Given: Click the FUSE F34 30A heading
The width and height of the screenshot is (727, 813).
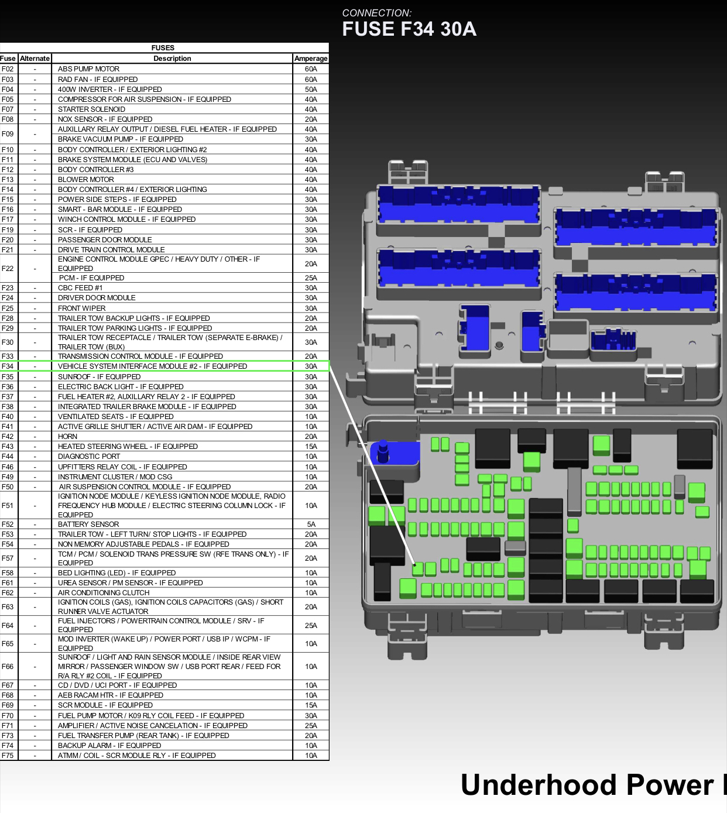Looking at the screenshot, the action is click(x=409, y=29).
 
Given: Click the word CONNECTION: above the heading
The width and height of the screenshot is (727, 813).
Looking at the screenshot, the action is click(x=376, y=13).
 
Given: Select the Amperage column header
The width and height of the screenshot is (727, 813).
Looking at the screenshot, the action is click(x=311, y=58).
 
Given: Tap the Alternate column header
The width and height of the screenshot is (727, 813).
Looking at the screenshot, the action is click(x=35, y=58).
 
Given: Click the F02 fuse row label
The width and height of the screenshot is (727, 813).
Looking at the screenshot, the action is click(x=7, y=69).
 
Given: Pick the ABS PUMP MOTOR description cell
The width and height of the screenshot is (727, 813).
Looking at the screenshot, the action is click(x=88, y=69).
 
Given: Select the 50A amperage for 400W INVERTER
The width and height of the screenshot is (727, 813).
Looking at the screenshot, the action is click(x=311, y=89).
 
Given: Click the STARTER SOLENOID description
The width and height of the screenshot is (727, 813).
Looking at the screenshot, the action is click(x=91, y=109).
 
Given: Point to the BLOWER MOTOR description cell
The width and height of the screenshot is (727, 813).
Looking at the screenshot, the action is click(x=86, y=179).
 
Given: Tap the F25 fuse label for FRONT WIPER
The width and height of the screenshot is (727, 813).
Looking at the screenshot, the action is click(x=7, y=308).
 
